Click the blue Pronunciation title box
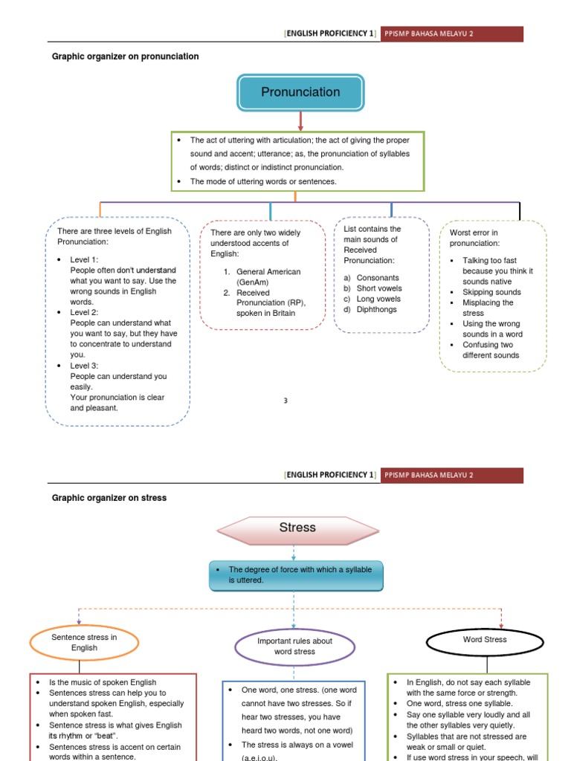[300, 92]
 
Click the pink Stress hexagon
[297, 528]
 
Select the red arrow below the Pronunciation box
[300, 121]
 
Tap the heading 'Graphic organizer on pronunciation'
[125, 56]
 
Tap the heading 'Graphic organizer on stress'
[109, 498]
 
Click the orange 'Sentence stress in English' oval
[84, 643]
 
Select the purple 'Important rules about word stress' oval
[294, 646]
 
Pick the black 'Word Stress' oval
[485, 640]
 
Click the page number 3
[285, 401]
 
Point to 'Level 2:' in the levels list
[84, 313]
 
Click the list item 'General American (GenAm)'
[268, 277]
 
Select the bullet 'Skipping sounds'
[491, 292]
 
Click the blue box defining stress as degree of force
[296, 575]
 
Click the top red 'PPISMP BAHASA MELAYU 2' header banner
[452, 34]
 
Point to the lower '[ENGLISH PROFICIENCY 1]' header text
[330, 475]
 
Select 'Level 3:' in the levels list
[84, 366]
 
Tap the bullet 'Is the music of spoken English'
[103, 682]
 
